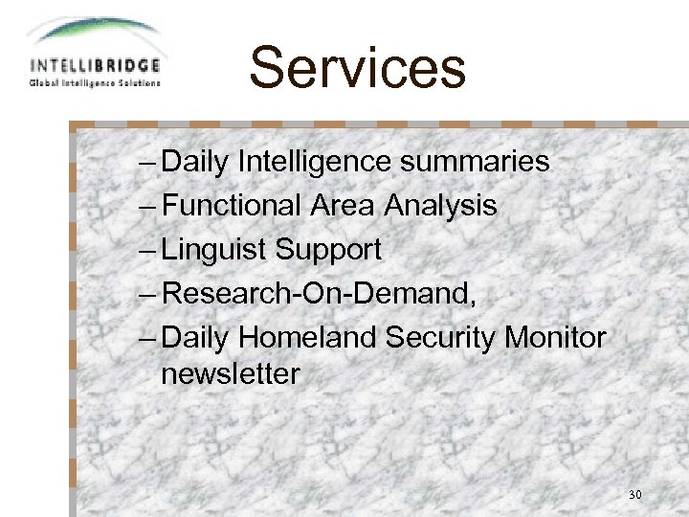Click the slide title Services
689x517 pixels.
[357, 68]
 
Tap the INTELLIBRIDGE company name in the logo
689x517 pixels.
[95, 66]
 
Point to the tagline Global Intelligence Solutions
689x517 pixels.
[95, 82]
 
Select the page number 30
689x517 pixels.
[635, 495]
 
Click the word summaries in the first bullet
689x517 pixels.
[475, 162]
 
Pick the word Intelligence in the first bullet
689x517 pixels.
[315, 162]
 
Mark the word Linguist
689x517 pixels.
[214, 250]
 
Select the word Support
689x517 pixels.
[328, 250]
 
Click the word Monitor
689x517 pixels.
[555, 338]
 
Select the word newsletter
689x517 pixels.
[230, 374]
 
